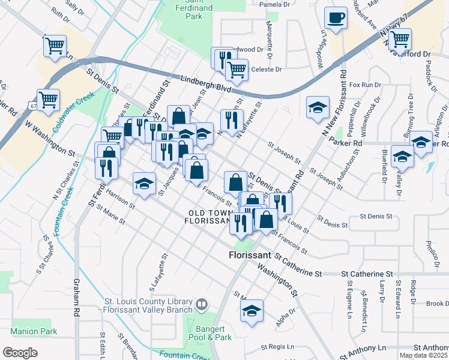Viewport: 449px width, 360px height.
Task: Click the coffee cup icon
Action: [x=336, y=17]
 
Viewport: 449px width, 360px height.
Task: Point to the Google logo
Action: [x=20, y=352]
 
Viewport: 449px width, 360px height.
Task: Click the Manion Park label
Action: [x=34, y=331]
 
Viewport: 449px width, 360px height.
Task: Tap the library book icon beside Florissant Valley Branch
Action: [x=202, y=305]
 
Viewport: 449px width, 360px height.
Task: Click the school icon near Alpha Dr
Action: [x=252, y=310]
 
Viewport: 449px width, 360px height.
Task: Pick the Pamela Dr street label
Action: [x=274, y=4]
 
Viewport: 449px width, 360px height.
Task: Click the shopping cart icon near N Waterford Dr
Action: [x=399, y=40]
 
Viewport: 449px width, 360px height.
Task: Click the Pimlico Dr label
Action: [x=431, y=255]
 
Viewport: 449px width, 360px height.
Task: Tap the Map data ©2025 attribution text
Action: [x=423, y=355]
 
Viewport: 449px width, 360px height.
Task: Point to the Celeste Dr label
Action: [x=266, y=70]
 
